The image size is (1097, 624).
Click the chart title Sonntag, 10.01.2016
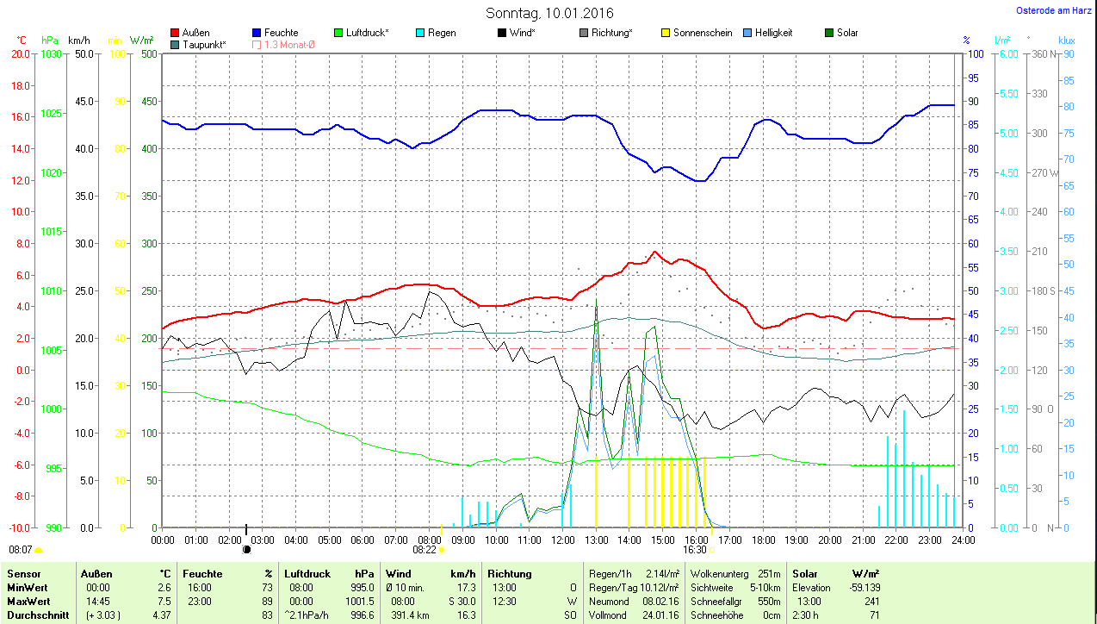(x=549, y=13)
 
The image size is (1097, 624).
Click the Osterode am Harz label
(x=1053, y=11)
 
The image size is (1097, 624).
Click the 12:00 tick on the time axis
(x=562, y=540)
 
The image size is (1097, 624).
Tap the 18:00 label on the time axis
(x=763, y=540)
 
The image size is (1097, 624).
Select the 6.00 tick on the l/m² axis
(x=1007, y=53)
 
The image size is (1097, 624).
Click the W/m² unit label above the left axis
(x=141, y=41)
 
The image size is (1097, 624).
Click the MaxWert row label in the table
(x=28, y=600)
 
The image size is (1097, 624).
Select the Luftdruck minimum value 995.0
(x=362, y=587)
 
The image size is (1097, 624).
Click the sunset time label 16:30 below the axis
(x=694, y=549)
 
